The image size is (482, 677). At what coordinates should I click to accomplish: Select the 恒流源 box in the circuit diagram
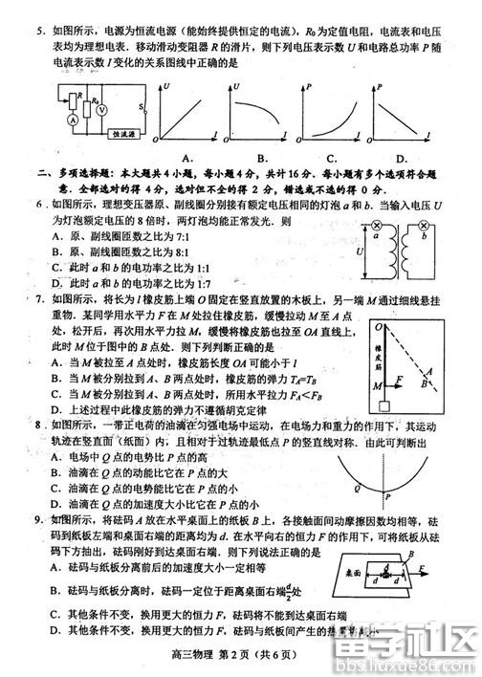[124, 135]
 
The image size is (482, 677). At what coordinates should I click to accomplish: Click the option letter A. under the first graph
[188, 158]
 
